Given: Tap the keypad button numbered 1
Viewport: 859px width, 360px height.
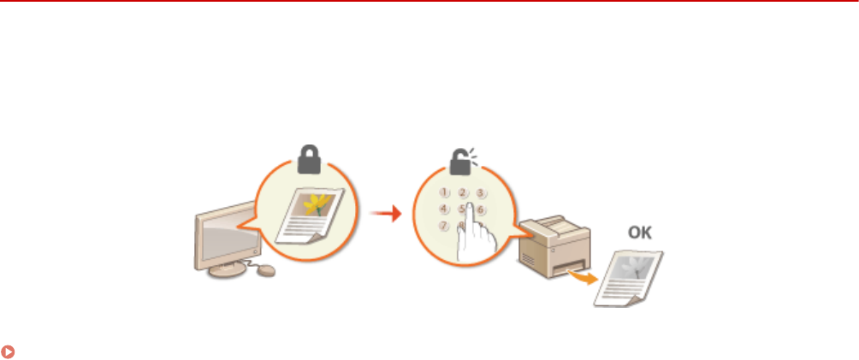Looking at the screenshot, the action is click(x=444, y=192).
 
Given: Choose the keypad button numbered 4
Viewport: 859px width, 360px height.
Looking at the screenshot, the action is click(x=443, y=209).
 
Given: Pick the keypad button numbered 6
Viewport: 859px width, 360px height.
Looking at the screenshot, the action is click(x=482, y=209).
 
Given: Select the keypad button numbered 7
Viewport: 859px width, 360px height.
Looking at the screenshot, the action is click(x=443, y=226).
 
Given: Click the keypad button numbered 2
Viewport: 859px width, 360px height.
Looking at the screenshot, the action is click(x=463, y=192).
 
